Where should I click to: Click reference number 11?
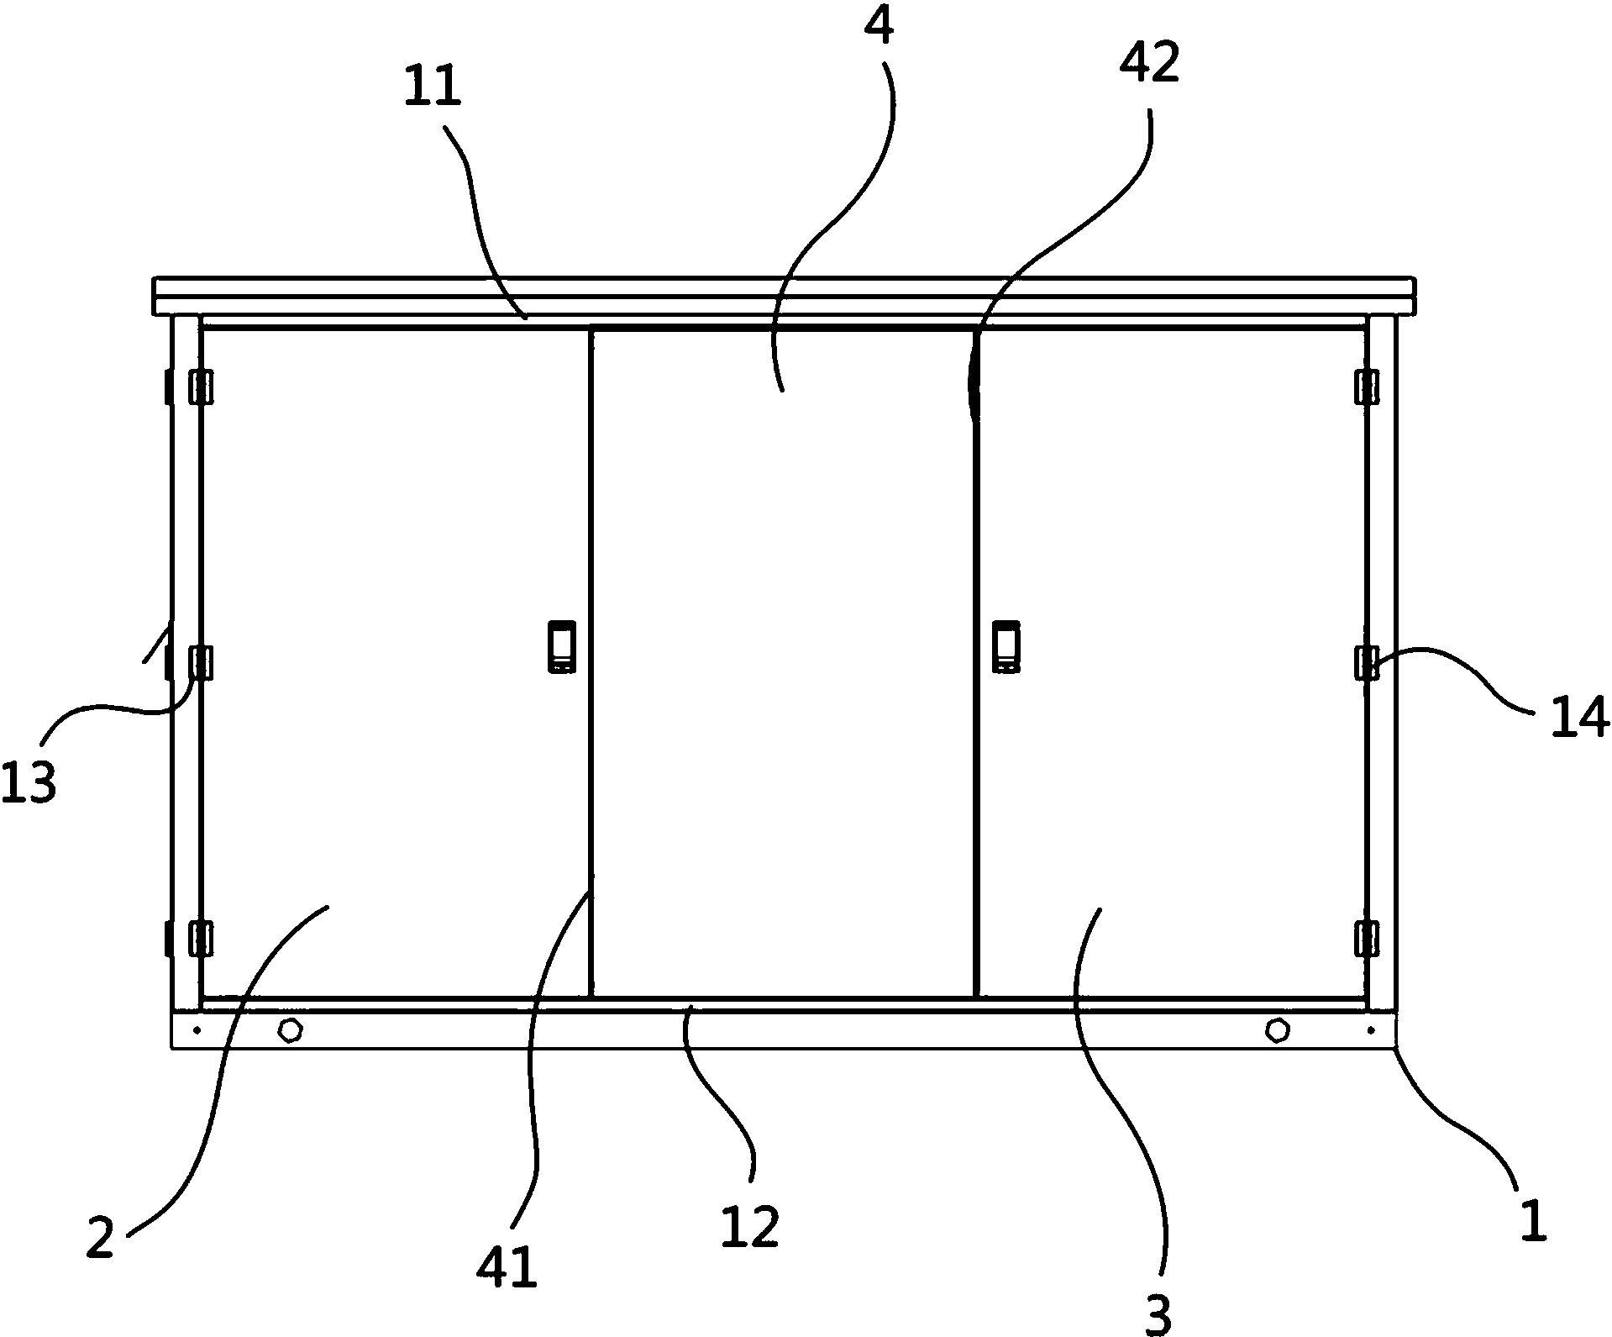click(433, 87)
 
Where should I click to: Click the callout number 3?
click(1158, 1315)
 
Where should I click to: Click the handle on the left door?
click(561, 646)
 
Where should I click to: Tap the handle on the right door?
click(1006, 646)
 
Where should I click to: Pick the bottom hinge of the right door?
click(1367, 938)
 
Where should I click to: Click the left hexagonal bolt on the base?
click(290, 1029)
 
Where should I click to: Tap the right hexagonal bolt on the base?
click(1277, 1029)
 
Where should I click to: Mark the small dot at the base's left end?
click(197, 1029)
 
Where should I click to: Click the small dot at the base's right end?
click(1372, 1029)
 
